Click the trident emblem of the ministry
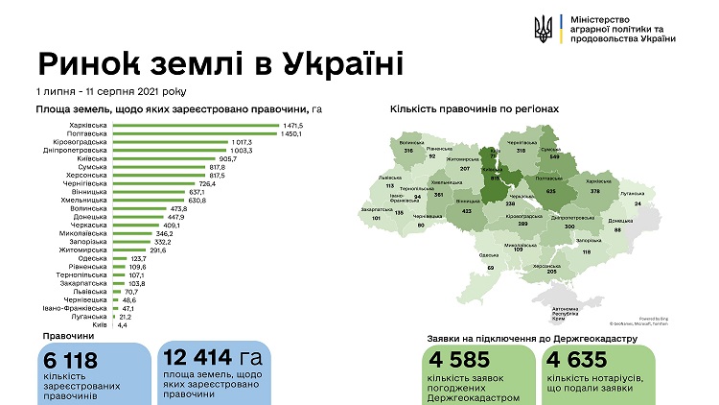point(544,28)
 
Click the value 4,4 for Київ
point(124,326)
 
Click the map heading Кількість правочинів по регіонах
point(475,109)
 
